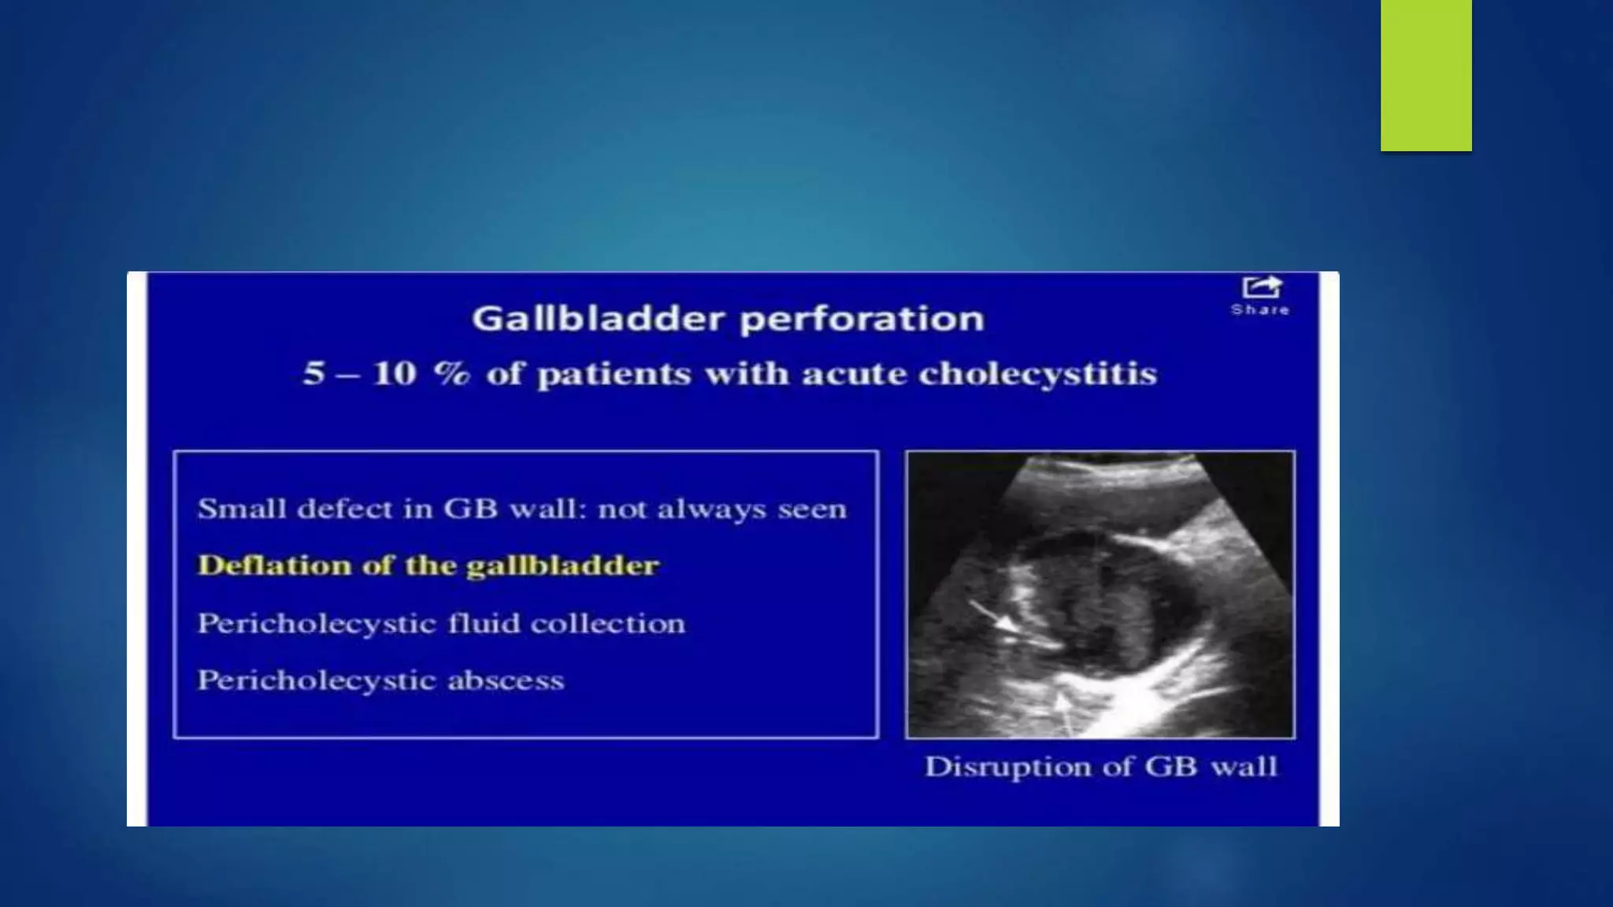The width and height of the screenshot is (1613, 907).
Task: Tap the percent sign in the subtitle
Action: coord(451,373)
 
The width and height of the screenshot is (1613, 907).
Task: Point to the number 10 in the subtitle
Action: coord(394,373)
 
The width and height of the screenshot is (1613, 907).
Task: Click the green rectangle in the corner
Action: coord(1426,75)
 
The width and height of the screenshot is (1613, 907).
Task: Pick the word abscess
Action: coord(506,680)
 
